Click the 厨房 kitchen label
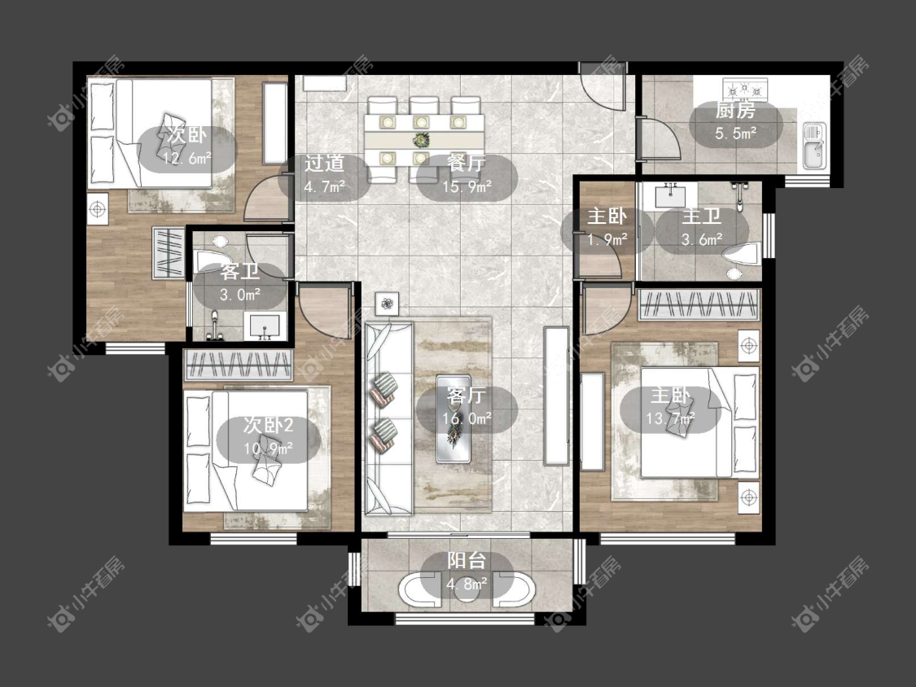point(735,110)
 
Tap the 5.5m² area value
point(735,133)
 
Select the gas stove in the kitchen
point(745,90)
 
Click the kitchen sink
point(813,146)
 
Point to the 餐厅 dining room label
point(467,163)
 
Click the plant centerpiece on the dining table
point(421,140)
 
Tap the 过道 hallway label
point(324,164)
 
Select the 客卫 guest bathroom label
point(239,272)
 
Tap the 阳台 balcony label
point(467,560)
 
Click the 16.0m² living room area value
point(467,418)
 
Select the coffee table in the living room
point(454,418)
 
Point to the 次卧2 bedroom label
point(268,425)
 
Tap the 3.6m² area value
point(702,239)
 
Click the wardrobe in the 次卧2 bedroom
point(238,365)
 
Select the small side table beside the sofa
point(387,303)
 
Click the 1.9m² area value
point(607,239)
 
